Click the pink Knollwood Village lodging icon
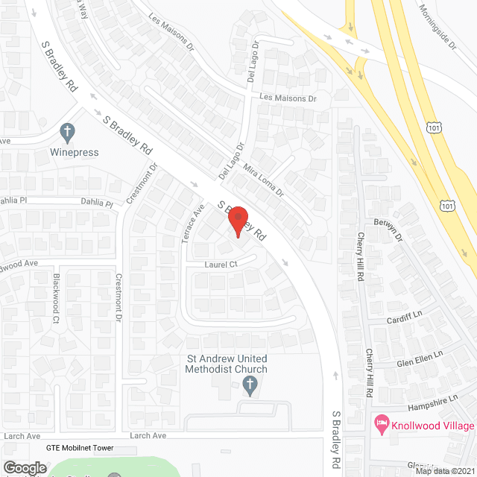coord(381,425)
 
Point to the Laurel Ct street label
coord(221,264)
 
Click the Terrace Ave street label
coord(193,221)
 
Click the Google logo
coord(24,467)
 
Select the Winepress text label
coord(75,153)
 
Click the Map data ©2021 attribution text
coord(444,471)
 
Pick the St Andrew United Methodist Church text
coord(226,364)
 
